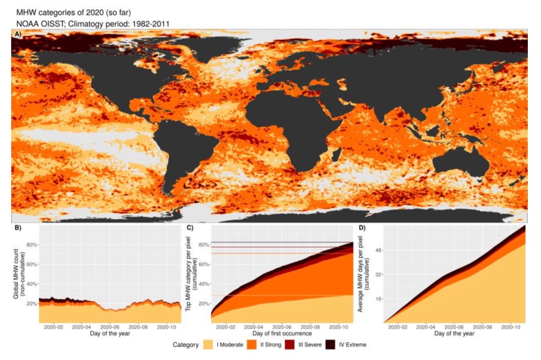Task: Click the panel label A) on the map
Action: pos(18,34)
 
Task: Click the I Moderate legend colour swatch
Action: pos(209,345)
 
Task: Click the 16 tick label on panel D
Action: pos(378,299)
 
